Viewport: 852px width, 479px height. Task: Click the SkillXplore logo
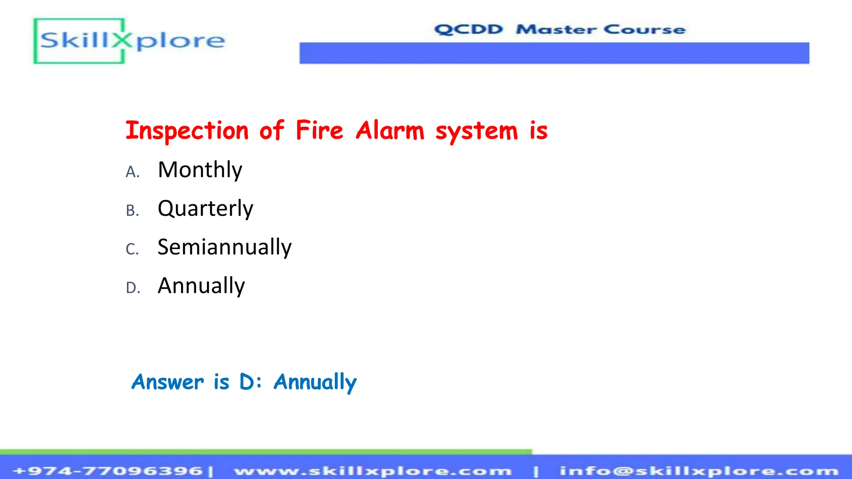pos(129,41)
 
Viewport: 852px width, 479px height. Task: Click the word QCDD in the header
pos(469,30)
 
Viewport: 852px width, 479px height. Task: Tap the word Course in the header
pos(644,30)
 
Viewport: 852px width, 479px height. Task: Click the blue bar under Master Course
pos(554,53)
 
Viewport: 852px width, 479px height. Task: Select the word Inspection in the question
pos(187,131)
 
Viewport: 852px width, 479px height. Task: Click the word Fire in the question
pos(319,130)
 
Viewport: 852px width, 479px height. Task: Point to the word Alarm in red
pos(390,131)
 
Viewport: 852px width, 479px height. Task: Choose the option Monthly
pos(200,170)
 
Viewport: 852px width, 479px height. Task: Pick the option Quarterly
pos(205,209)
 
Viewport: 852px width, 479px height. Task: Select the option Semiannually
pos(224,247)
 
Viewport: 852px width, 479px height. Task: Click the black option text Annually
pos(201,286)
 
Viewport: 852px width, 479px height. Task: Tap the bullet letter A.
pos(132,172)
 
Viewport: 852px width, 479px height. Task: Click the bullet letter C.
pos(132,249)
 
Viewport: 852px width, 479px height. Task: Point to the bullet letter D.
pos(133,288)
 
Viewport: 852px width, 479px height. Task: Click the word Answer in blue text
pos(168,382)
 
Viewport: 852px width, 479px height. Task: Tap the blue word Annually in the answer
pos(315,382)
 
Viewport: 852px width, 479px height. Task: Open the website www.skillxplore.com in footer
pos(373,471)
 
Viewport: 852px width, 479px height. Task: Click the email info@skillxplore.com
pos(698,471)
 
